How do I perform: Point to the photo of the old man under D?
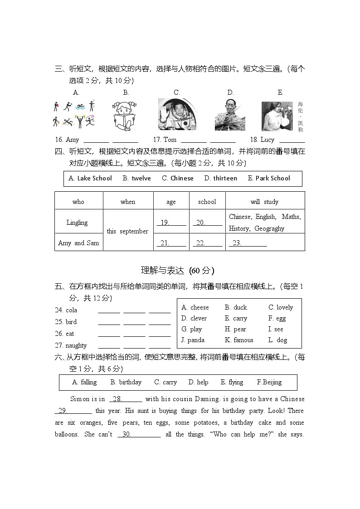[230, 114]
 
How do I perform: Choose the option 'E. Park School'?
[268, 178]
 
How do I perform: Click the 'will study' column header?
[264, 202]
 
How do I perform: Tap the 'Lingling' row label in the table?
[77, 223]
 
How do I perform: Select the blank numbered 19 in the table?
[171, 223]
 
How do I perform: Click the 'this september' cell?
[127, 231]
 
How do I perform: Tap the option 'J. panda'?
[193, 340]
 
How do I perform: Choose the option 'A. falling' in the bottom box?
[84, 382]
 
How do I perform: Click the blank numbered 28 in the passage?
[126, 399]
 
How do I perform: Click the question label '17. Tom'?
[165, 140]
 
